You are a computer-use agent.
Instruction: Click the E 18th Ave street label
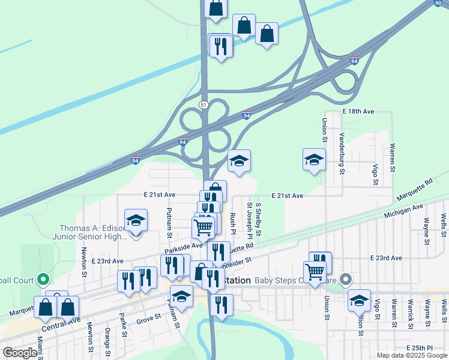click(358, 112)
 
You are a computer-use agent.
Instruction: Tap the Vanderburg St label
click(342, 154)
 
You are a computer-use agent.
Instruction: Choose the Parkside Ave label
click(184, 246)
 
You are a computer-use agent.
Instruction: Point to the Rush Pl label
click(232, 223)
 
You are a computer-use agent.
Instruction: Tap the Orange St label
click(107, 340)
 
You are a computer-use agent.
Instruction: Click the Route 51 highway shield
click(204, 105)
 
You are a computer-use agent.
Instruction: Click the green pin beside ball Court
click(42, 280)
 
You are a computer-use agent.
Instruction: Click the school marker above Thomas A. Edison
click(136, 220)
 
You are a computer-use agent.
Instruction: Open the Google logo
click(20, 353)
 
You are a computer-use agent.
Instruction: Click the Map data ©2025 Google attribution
click(411, 355)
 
